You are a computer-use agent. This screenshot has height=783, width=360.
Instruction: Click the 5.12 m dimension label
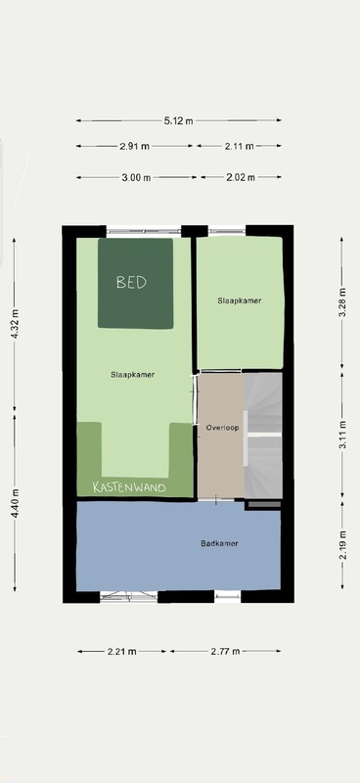pos(178,120)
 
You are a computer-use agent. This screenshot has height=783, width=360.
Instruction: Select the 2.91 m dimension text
pos(134,146)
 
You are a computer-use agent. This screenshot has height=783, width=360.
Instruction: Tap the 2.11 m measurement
pos(239,146)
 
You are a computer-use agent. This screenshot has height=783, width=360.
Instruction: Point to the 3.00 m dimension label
pos(136,177)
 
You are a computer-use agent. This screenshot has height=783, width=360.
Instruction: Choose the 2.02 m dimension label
pos(241,177)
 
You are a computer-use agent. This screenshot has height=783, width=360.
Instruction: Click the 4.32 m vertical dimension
pos(15,325)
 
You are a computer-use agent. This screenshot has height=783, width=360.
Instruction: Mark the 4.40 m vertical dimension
pos(15,503)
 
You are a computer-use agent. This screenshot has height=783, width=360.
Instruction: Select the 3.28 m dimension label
pos(342,302)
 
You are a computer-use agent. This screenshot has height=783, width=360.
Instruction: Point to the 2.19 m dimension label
pos(342,550)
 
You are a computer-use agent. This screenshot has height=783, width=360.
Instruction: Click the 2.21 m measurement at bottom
pos(122,651)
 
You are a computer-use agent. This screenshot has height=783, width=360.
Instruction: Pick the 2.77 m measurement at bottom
pos(225,651)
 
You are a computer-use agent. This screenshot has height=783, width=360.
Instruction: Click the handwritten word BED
pos(132,282)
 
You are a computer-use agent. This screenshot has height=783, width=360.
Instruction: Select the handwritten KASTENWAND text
pos(129,487)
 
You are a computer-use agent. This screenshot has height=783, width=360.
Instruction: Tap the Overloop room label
pos(223,428)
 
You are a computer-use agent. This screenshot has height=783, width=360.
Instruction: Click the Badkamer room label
pos(219,543)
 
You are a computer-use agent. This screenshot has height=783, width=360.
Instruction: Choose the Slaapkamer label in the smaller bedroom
pos(240,300)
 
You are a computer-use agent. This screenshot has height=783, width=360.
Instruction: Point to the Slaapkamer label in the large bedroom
pos(133,375)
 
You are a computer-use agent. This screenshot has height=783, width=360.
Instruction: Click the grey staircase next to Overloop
pos(263,436)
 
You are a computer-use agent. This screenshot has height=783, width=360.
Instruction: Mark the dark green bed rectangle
pos(135,283)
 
